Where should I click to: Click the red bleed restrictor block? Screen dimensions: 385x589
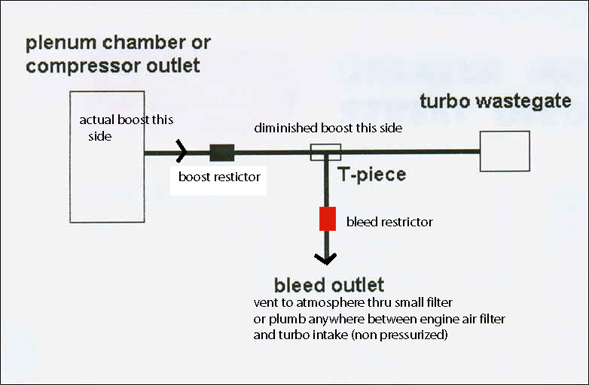coord(327,219)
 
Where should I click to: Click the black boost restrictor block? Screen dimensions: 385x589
coord(221,152)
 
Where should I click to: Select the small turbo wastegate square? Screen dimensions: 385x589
coord(505,151)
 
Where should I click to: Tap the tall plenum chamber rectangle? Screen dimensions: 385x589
coord(107,156)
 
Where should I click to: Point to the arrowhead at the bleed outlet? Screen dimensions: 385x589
coord(326,259)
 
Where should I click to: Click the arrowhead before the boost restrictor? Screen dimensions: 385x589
coord(182,152)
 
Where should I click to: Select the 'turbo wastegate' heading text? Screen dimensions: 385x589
coord(495,101)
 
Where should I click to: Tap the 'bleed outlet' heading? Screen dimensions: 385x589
coord(329,285)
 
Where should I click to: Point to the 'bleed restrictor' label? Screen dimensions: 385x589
coord(390,222)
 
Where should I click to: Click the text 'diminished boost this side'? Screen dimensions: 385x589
coord(328,128)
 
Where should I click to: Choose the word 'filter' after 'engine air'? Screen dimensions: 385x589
coord(489,319)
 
